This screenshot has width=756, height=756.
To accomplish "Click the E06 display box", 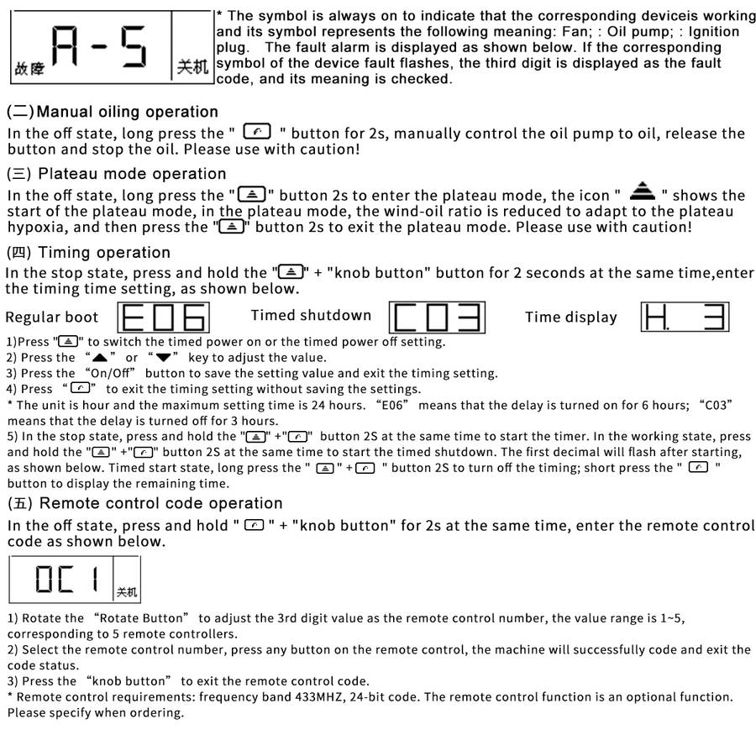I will click(165, 317).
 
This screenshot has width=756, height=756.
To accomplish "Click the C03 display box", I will click(437, 317).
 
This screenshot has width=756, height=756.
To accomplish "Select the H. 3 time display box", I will click(685, 317).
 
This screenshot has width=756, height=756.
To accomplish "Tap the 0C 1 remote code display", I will click(74, 579).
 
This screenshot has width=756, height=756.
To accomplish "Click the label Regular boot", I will click(52, 318).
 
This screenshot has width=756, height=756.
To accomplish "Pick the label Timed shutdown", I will click(311, 316).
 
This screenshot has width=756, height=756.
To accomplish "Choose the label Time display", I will click(571, 318).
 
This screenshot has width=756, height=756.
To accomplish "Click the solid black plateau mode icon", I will click(643, 191).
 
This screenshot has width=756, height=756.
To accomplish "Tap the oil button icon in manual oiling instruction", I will click(257, 132).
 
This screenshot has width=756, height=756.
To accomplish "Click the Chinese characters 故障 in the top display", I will click(28, 70).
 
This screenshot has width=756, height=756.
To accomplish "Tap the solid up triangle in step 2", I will click(100, 357).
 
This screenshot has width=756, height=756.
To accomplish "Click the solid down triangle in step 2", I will click(163, 357).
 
